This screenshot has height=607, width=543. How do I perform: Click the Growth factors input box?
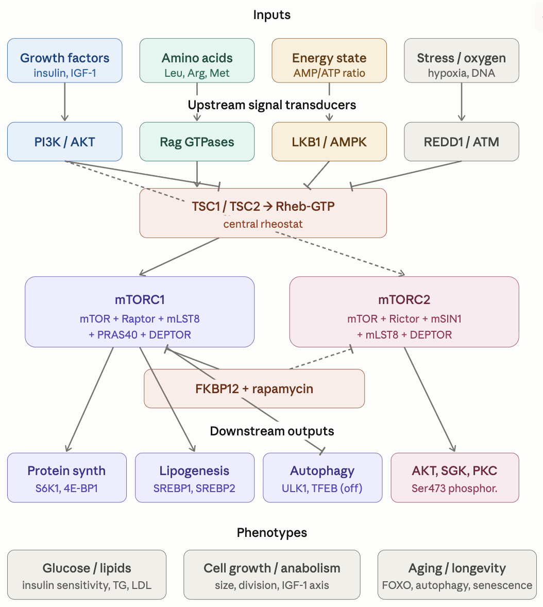pyautogui.click(x=64, y=60)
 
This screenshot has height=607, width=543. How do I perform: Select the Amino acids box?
pyautogui.click(x=197, y=60)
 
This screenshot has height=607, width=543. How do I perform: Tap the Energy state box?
pyautogui.click(x=329, y=60)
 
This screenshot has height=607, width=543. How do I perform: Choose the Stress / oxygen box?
pyautogui.click(x=461, y=60)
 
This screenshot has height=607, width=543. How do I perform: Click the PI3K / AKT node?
pyautogui.click(x=64, y=142)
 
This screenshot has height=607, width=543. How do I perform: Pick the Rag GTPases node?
pyautogui.click(x=197, y=142)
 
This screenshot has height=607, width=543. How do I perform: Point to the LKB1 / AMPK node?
pyautogui.click(x=329, y=142)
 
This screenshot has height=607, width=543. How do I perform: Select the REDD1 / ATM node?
pyautogui.click(x=461, y=142)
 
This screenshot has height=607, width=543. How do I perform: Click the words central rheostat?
pyautogui.click(x=263, y=224)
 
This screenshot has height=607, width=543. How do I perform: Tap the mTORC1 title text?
pyautogui.click(x=140, y=300)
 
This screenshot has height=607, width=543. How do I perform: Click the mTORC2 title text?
pyautogui.click(x=404, y=300)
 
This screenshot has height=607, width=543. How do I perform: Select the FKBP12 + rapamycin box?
pyautogui.click(x=254, y=389)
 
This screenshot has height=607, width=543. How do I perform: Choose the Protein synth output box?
pyautogui.click(x=66, y=477)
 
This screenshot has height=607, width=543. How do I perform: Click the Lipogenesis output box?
pyautogui.click(x=194, y=477)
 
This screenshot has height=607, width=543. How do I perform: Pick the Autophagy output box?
pyautogui.click(x=323, y=477)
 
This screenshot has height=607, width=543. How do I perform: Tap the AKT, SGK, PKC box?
pyautogui.click(x=454, y=477)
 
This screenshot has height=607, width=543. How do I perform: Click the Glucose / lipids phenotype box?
pyautogui.click(x=87, y=575)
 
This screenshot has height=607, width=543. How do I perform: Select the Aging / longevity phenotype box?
pyautogui.click(x=457, y=575)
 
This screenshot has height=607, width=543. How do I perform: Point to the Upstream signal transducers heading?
pyautogui.click(x=271, y=105)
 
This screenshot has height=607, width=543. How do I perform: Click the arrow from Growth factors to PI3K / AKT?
pyautogui.click(x=64, y=102)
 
